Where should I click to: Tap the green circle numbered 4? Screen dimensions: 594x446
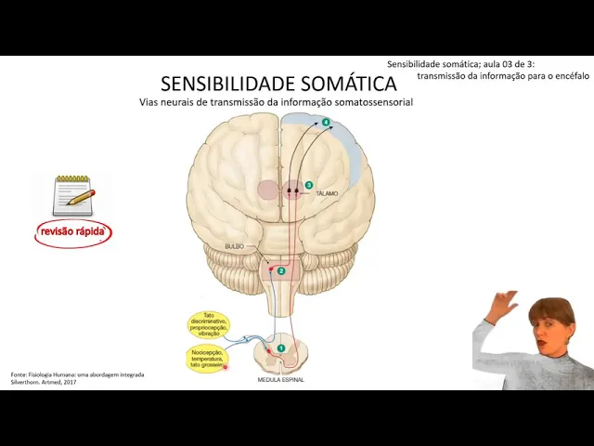[326, 123]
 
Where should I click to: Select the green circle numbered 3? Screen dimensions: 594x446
[309, 185]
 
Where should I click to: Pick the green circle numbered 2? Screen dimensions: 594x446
[281, 270]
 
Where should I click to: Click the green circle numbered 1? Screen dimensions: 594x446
[280, 348]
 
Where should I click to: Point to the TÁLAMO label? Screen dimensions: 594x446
[327, 193]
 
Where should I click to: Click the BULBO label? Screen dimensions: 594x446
[234, 246]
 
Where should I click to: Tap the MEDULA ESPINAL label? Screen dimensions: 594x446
[280, 379]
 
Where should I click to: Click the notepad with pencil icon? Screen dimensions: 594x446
[73, 195]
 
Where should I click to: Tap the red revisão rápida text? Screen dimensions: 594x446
[72, 231]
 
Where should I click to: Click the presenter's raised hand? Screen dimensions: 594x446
[506, 304]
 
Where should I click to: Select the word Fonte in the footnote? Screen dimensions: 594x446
[19, 374]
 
